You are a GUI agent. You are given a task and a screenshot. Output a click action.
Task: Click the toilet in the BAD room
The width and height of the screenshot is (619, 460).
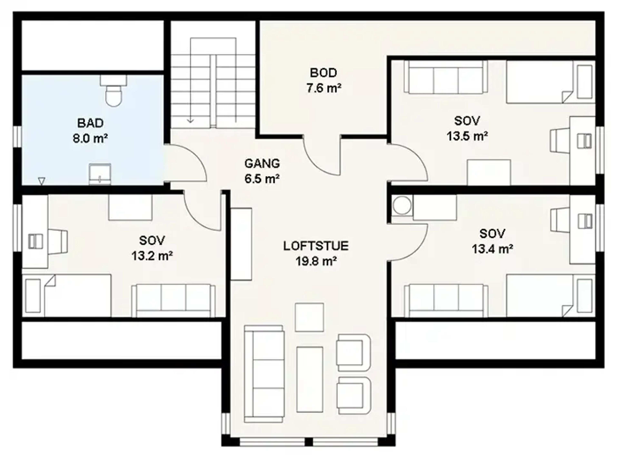pyautogui.click(x=114, y=91)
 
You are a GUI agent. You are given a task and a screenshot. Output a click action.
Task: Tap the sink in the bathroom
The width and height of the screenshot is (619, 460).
pyautogui.click(x=100, y=174)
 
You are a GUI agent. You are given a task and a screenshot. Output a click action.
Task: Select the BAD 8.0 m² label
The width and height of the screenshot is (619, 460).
pyautogui.click(x=90, y=131)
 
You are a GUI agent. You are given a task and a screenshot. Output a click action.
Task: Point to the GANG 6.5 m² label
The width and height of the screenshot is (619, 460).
pyautogui.click(x=262, y=171)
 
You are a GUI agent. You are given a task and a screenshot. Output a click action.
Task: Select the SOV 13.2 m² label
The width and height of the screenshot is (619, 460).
pyautogui.click(x=152, y=248)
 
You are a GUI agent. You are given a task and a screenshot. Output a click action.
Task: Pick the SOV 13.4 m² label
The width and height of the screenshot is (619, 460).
pyautogui.click(x=492, y=241)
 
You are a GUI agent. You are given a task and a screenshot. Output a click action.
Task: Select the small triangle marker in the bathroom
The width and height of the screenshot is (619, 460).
pyautogui.click(x=42, y=181)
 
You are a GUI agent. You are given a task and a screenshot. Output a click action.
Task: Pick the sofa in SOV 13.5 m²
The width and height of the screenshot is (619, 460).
pyautogui.click(x=446, y=77)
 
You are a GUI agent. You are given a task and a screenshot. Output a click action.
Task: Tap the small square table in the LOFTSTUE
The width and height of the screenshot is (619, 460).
pyautogui.click(x=309, y=317)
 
